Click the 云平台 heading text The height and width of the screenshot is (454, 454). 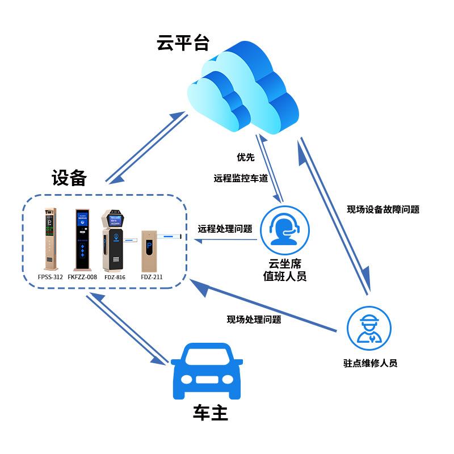click(183, 43)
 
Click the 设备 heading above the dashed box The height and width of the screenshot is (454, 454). click(69, 178)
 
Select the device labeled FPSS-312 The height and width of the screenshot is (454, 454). click(51, 239)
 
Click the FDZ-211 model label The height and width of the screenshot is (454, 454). click(151, 277)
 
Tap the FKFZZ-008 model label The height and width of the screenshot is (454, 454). click(82, 277)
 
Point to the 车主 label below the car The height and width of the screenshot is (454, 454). click(210, 413)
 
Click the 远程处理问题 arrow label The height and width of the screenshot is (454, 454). click(225, 229)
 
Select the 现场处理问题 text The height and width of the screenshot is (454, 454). click(254, 320)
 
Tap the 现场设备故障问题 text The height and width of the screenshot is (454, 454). click(383, 209)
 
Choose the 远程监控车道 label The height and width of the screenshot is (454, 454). click(241, 178)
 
